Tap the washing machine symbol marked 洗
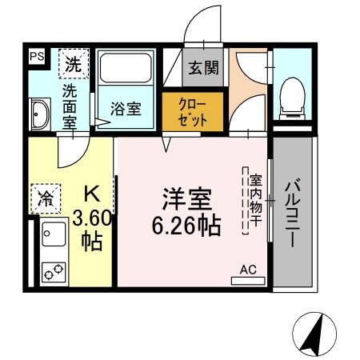pos(73,61)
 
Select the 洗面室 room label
pos(70,104)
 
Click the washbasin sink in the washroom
pos(39,114)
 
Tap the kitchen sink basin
pos(54,238)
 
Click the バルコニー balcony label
pos(293,213)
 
